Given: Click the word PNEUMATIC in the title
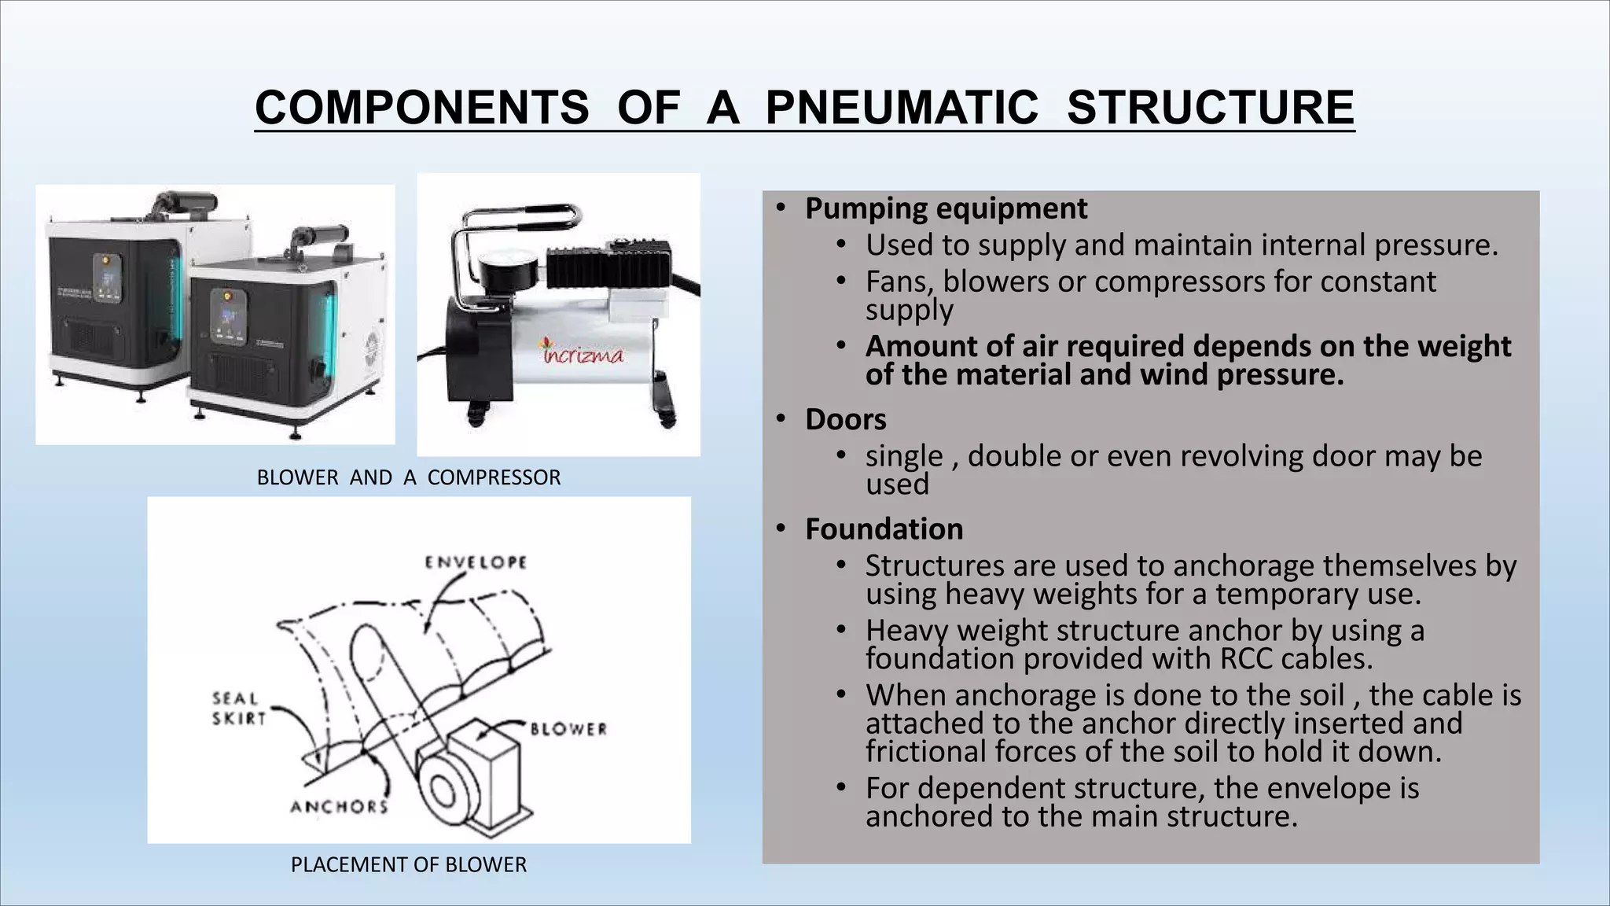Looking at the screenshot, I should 901,108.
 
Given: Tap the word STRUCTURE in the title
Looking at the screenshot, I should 1210,108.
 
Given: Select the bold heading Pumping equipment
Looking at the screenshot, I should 946,208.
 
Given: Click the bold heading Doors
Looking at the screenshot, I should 845,419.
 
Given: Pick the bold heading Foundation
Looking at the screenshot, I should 884,529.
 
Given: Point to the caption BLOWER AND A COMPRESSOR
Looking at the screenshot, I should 409,477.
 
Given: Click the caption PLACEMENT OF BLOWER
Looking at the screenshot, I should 409,864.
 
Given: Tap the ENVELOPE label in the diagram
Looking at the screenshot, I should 476,562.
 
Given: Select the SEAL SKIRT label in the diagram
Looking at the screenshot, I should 236,708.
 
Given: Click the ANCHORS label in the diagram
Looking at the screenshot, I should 339,807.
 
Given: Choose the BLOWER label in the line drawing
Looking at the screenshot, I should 568,729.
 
